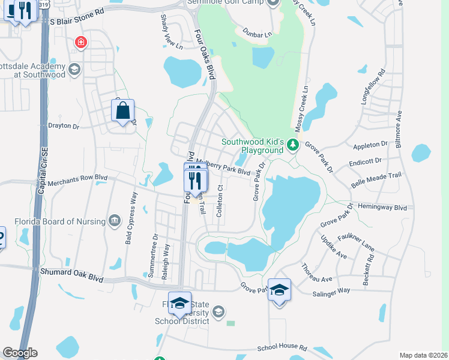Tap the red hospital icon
pos(80,43)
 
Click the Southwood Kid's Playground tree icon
pos(292,145)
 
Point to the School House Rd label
pos(282,348)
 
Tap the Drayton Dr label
pos(64,127)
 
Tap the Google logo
pos(20,353)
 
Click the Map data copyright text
pos(423,355)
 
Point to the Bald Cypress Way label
pos(133,210)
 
